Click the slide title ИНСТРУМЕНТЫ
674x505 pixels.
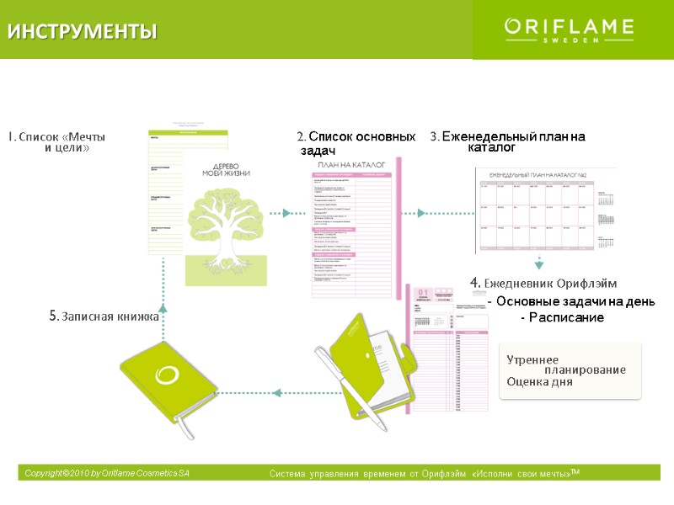point(83,32)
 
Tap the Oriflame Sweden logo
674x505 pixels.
point(569,29)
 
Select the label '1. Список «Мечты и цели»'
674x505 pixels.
point(58,141)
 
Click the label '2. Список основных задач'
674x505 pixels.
point(356,142)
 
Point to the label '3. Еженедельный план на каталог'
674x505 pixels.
point(507,141)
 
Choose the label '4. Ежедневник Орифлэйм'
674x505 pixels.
point(543,282)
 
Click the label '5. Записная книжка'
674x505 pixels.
point(104,316)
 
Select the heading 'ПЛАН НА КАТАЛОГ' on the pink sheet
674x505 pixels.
point(351,165)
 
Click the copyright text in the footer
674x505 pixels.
point(107,474)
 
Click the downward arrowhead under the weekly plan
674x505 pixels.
point(539,264)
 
